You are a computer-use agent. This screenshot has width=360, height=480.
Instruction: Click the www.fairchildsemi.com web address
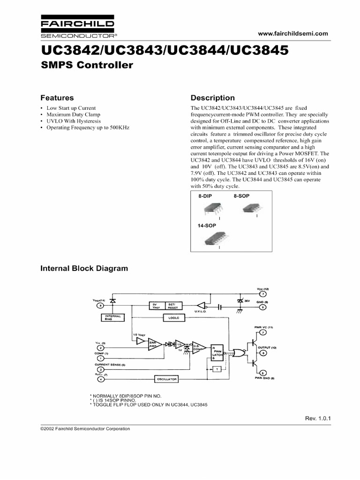(x=293, y=34)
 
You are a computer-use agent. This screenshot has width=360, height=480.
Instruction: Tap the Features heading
(x=57, y=98)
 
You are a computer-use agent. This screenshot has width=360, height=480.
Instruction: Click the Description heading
(x=213, y=98)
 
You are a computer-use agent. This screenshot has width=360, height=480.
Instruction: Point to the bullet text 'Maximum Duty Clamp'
(x=73, y=114)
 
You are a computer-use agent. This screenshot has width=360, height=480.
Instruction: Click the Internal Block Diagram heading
(x=84, y=269)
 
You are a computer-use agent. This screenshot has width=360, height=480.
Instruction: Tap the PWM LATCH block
(x=217, y=352)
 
